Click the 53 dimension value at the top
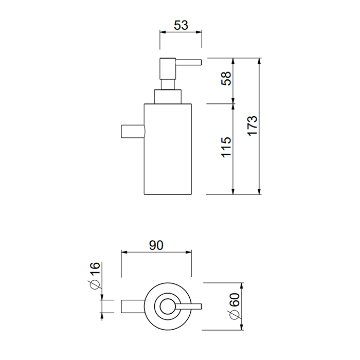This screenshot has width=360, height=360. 181,25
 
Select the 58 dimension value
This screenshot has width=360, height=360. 226,79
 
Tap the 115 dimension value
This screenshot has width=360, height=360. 226,147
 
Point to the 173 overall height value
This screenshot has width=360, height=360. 253,126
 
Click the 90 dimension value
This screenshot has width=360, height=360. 156,245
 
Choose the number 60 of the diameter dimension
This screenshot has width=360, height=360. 235,300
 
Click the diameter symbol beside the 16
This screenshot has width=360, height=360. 95,285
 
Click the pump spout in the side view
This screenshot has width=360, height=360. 189,62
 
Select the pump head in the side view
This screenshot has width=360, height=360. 168,68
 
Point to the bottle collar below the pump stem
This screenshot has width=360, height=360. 168,97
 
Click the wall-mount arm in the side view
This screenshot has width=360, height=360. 133,131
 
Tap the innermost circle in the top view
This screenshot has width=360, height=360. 168,307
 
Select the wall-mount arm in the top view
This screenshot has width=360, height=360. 133,307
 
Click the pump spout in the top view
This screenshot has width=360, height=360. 189,307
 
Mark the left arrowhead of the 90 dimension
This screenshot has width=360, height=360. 124,253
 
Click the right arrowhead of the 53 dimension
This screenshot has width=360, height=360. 199,32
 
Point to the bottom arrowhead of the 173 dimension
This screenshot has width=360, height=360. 259,191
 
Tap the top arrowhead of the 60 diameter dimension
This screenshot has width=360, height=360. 242,286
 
